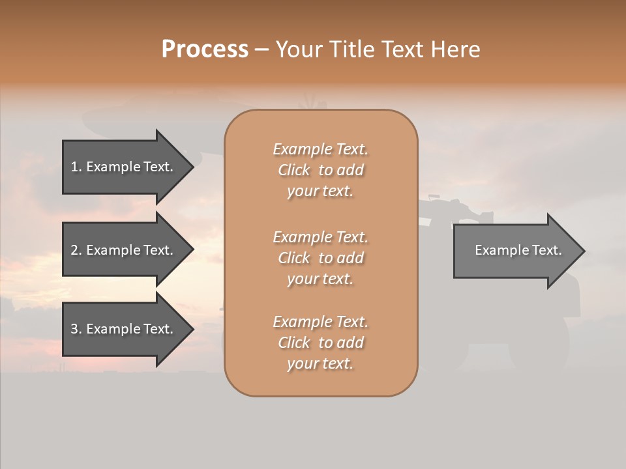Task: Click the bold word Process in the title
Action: pyautogui.click(x=205, y=50)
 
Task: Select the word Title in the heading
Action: pyautogui.click(x=351, y=50)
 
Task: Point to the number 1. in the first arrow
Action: pyautogui.click(x=76, y=167)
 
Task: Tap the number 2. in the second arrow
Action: pyautogui.click(x=76, y=250)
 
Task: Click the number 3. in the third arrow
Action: pyautogui.click(x=76, y=330)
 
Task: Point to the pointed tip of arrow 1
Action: pyautogui.click(x=192, y=167)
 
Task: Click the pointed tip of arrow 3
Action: pyautogui.click(x=192, y=330)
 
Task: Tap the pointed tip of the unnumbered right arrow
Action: pyautogui.click(x=583, y=251)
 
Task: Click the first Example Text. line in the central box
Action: pyautogui.click(x=320, y=149)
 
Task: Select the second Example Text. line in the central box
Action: pyautogui.click(x=320, y=237)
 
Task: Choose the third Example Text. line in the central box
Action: pyautogui.click(x=320, y=322)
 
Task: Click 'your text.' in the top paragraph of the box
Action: pyautogui.click(x=320, y=192)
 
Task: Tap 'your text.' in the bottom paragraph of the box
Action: pyautogui.click(x=320, y=364)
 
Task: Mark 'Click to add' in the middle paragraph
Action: pyautogui.click(x=320, y=258)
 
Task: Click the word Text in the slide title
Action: pyautogui.click(x=403, y=50)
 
